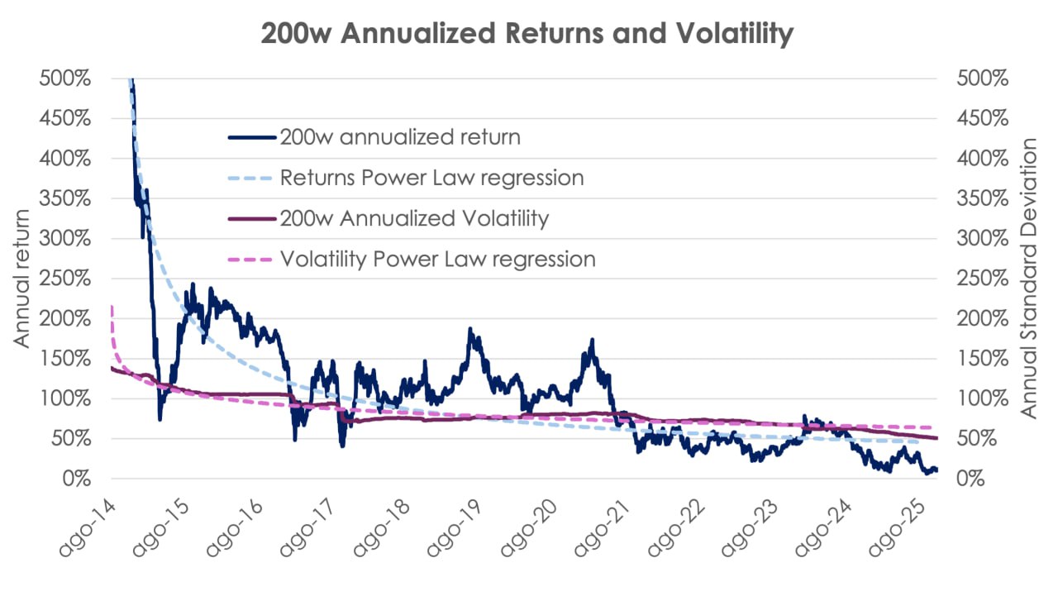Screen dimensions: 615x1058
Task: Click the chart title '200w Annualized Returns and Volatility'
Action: pyautogui.click(x=527, y=34)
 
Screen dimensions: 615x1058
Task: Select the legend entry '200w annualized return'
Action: pyautogui.click(x=400, y=136)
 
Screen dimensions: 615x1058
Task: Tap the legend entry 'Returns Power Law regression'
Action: pyautogui.click(x=431, y=177)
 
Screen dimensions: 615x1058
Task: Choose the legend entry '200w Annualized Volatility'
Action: pyautogui.click(x=414, y=218)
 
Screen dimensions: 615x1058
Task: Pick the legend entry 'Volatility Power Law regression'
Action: pyautogui.click(x=437, y=259)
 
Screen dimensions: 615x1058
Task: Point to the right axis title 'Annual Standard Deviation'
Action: pyautogui.click(x=1028, y=279)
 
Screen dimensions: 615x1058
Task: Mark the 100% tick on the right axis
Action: pyautogui.click(x=981, y=398)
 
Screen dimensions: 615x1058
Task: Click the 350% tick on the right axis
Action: pyautogui.click(x=981, y=198)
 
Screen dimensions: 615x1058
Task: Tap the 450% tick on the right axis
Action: pyautogui.click(x=981, y=118)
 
